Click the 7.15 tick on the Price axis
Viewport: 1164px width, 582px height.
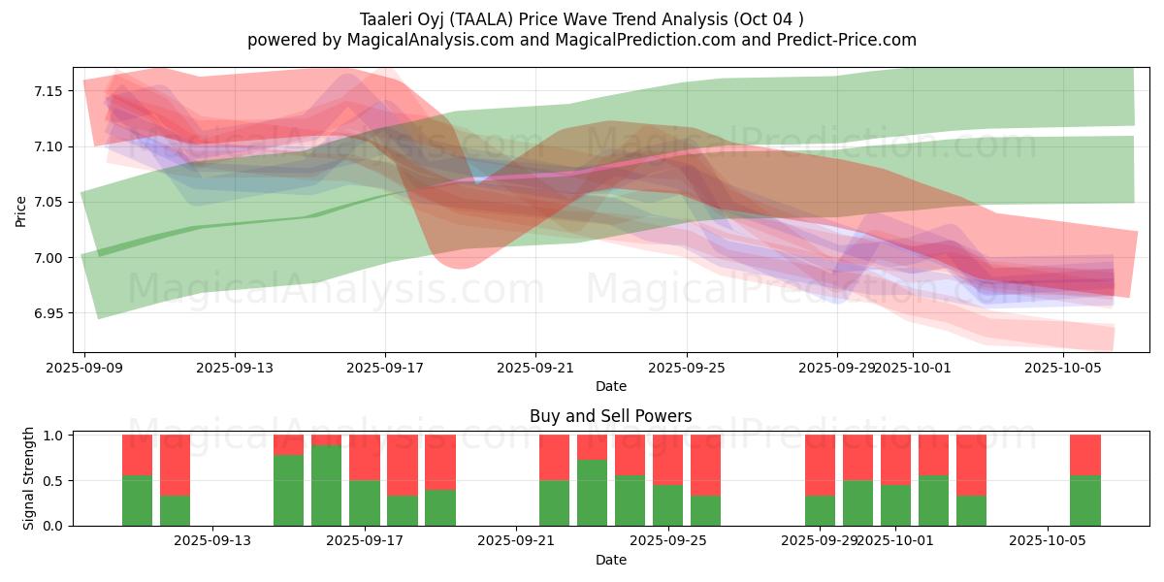coord(48,91)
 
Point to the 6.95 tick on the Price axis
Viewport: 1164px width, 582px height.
coord(48,313)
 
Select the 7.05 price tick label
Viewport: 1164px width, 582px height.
coord(48,202)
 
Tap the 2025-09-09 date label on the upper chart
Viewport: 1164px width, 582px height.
coord(84,369)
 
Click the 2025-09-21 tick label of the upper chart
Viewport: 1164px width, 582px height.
coord(535,369)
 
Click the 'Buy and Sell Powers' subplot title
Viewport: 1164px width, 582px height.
coord(610,416)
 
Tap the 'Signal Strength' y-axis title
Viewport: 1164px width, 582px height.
coord(29,477)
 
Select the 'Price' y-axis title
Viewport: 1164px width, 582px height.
coord(21,210)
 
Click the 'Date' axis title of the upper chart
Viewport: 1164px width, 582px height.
coord(610,386)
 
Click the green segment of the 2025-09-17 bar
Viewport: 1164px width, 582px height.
coord(365,502)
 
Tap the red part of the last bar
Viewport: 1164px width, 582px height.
coord(1085,455)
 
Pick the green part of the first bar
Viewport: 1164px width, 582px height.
coord(138,501)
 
